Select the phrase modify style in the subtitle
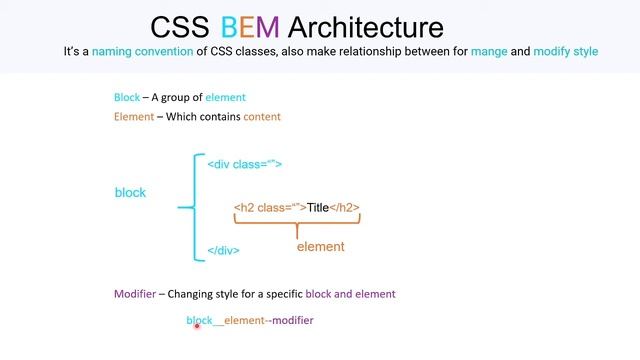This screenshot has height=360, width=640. click(566, 51)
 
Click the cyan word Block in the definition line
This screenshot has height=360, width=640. click(127, 97)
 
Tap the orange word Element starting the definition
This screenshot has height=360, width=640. click(133, 116)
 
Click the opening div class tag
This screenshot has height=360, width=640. click(244, 164)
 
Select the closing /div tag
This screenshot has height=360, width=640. click(223, 250)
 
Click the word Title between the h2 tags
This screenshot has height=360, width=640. click(318, 208)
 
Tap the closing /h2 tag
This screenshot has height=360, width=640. click(344, 208)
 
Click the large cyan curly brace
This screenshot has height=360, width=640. click(189, 207)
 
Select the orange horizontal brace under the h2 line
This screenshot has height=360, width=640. click(297, 225)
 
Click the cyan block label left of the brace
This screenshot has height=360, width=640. click(130, 192)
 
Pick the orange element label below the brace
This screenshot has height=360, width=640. click(320, 246)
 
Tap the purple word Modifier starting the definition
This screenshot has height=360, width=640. click(136, 294)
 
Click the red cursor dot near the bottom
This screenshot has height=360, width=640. click(197, 325)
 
